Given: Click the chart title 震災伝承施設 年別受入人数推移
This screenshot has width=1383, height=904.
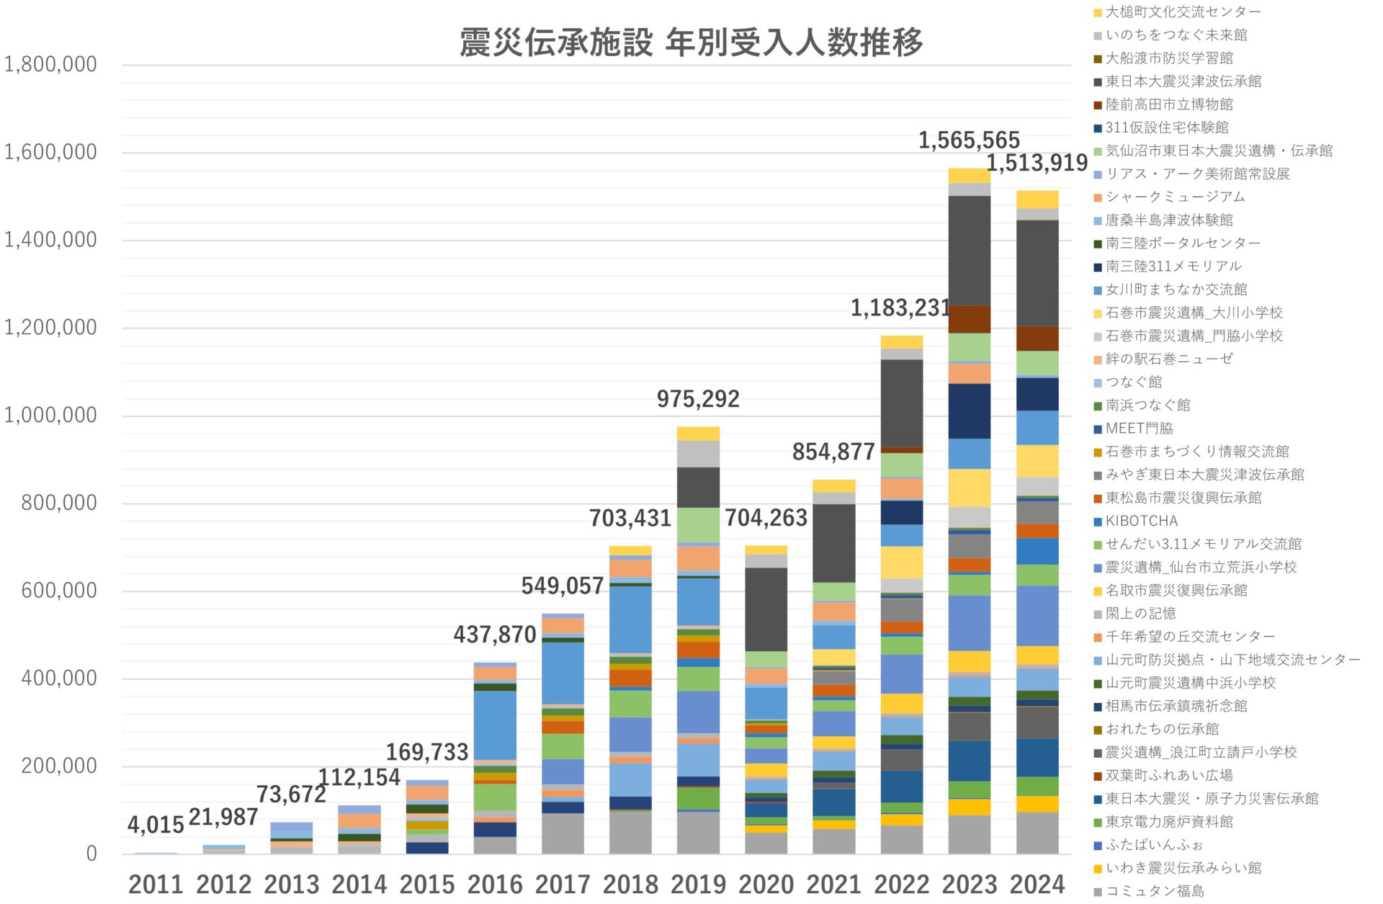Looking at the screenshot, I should point(691,42).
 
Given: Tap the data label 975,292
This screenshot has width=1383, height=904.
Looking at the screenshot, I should point(697,398).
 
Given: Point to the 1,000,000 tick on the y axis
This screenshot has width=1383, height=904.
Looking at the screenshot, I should point(50,415).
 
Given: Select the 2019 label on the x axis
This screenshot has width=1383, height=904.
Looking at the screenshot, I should point(698,884).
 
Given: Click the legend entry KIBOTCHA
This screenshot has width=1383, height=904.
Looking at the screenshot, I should point(1141,521).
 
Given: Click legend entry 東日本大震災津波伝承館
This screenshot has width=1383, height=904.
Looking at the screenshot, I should point(1183,81).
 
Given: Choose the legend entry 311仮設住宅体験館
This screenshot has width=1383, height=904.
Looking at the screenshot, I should point(1166,127).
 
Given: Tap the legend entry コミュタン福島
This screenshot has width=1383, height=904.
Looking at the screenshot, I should point(1154,891).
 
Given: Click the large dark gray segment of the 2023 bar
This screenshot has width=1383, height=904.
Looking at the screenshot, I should point(969,250).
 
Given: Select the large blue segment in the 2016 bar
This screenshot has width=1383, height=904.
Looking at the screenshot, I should point(495,724).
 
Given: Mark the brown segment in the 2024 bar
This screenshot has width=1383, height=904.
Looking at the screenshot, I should point(1037,339).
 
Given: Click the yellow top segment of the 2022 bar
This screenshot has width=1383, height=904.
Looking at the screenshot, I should point(901,342).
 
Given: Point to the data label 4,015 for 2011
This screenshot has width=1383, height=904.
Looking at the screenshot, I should point(156,825).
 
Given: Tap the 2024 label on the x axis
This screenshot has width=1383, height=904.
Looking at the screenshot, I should point(1037,884).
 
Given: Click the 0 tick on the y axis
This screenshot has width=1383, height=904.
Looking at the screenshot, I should point(91,854).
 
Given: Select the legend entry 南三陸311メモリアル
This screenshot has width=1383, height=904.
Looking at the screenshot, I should point(1173,267).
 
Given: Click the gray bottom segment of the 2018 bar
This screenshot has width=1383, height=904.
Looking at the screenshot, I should point(630,832).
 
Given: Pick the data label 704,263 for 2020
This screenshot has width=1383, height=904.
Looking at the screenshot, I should point(765,518).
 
